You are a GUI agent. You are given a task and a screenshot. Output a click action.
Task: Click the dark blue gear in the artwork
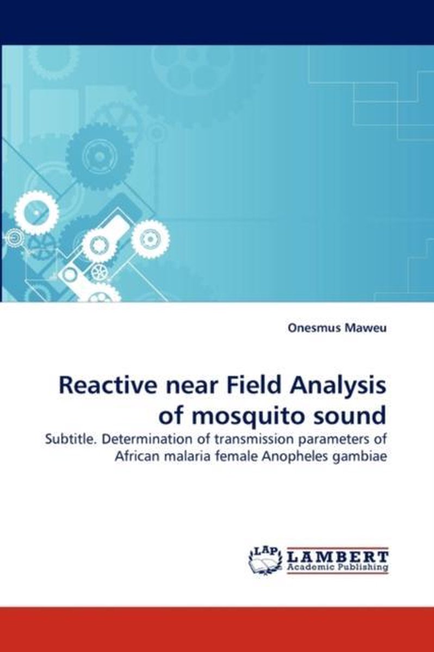coord(100,156)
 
